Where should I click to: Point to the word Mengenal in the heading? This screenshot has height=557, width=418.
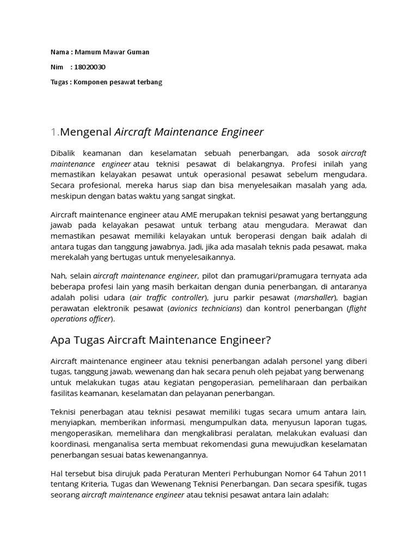tap(85, 132)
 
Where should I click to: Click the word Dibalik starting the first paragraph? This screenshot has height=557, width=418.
tap(63, 153)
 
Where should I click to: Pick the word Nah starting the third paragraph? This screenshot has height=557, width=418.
tap(57, 277)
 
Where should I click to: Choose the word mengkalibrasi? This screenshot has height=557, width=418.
tap(211, 434)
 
